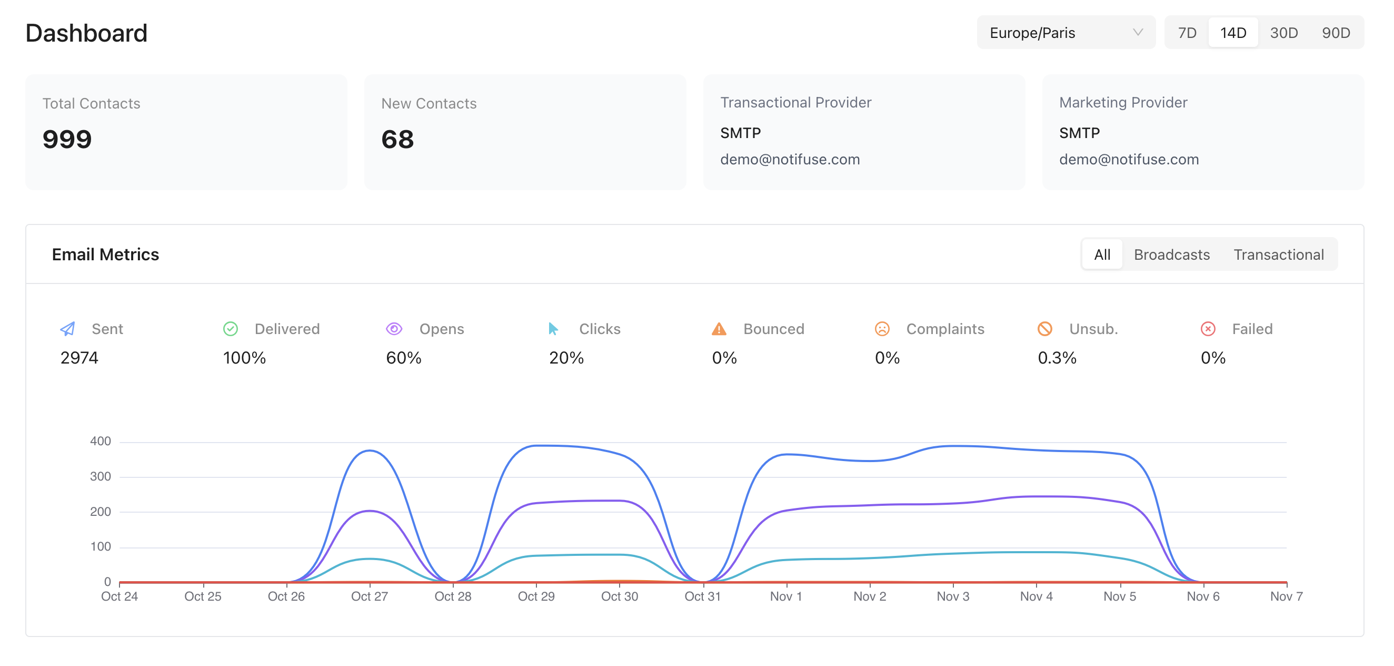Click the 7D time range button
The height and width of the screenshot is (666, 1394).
pyautogui.click(x=1187, y=33)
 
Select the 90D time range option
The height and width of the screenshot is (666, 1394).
pyautogui.click(x=1335, y=33)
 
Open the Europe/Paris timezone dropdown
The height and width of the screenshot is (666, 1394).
pyautogui.click(x=1065, y=33)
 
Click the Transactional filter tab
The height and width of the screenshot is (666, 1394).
pyautogui.click(x=1278, y=254)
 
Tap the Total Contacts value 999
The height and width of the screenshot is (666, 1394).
pyautogui.click(x=67, y=139)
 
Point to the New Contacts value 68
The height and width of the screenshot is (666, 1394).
pyautogui.click(x=397, y=139)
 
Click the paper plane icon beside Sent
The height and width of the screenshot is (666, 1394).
pyautogui.click(x=67, y=329)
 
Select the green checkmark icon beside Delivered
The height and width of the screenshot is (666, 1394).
pyautogui.click(x=231, y=329)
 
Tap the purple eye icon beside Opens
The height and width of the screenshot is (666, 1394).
pyautogui.click(x=394, y=329)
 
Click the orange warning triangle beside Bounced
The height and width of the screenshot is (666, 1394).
pyautogui.click(x=719, y=329)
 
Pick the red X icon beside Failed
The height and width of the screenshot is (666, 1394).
pyautogui.click(x=1208, y=329)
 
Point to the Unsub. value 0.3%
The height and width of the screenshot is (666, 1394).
pyautogui.click(x=1057, y=358)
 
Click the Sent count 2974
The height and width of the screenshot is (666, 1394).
pyautogui.click(x=79, y=358)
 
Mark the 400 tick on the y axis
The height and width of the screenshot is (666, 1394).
pyautogui.click(x=100, y=442)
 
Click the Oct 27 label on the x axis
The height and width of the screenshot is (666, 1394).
pyautogui.click(x=369, y=596)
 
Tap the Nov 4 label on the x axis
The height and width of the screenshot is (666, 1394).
pyautogui.click(x=1035, y=596)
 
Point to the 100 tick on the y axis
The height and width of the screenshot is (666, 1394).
pyautogui.click(x=100, y=547)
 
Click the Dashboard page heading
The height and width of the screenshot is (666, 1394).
pyautogui.click(x=86, y=33)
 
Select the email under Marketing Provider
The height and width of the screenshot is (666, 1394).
pyautogui.click(x=1128, y=159)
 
